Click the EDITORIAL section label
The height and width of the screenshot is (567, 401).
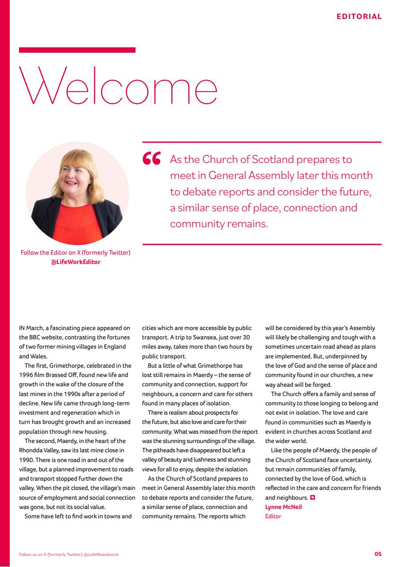tap(359, 17)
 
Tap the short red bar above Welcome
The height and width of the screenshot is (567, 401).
tap(77, 50)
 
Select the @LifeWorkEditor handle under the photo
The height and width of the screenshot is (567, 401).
tap(75, 262)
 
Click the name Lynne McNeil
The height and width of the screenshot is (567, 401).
tap(283, 507)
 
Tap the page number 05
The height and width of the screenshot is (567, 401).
tap(378, 554)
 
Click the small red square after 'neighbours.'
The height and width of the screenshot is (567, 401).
tap(312, 498)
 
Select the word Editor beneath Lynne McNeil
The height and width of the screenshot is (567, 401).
tap(273, 516)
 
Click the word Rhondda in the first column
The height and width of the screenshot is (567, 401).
tap(30, 450)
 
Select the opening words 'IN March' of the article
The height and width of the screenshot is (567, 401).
tap(31, 328)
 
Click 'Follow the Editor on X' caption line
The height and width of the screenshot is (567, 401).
tap(75, 253)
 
